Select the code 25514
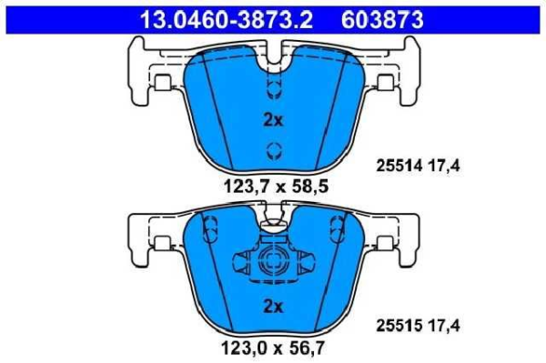pyautogui.click(x=397, y=165)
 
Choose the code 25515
pyautogui.click(x=397, y=322)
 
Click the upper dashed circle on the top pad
pyautogui.click(x=271, y=88)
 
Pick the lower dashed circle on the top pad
pyautogui.click(x=271, y=151)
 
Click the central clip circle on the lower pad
pyautogui.click(x=271, y=264)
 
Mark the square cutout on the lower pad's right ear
pyautogui.click(x=385, y=243)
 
